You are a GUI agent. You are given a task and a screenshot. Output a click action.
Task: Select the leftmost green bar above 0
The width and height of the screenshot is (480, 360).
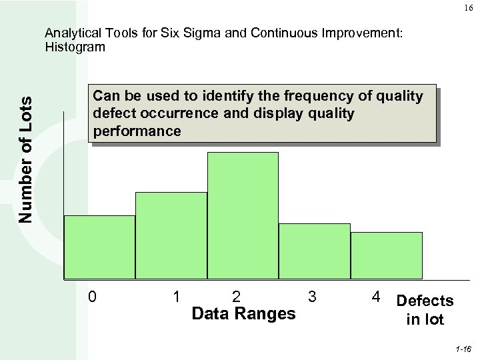point(99,246)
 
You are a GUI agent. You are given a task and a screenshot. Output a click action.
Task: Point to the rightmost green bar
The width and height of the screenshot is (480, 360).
point(387,255)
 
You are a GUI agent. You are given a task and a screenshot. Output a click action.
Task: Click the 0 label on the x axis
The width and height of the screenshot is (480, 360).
point(93,295)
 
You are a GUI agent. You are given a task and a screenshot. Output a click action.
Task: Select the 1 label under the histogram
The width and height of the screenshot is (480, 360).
point(175,295)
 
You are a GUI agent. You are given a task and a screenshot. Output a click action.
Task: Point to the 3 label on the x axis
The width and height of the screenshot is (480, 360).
point(311,295)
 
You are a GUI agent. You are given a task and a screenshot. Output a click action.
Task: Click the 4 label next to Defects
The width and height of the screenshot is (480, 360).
point(377,295)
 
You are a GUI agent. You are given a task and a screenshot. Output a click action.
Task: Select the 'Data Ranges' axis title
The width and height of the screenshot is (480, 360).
point(243,313)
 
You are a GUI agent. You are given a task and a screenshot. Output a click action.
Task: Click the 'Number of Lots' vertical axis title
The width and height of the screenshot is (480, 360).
point(25,159)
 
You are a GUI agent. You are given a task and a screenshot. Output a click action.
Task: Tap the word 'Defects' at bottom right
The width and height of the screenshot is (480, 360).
point(425,301)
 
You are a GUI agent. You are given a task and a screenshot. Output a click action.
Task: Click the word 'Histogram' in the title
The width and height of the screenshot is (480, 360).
point(75,47)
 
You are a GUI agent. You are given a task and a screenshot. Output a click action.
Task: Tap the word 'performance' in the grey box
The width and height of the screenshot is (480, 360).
point(137,131)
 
